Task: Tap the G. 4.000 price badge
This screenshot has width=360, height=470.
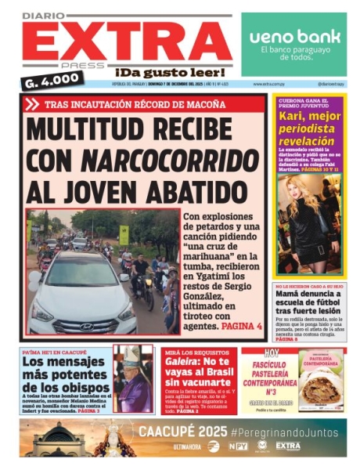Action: (55, 78)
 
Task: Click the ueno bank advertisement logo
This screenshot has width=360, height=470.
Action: (294, 37)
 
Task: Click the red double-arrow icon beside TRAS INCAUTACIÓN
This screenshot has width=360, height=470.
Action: (32, 104)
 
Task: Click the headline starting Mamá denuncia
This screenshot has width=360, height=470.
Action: (309, 303)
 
